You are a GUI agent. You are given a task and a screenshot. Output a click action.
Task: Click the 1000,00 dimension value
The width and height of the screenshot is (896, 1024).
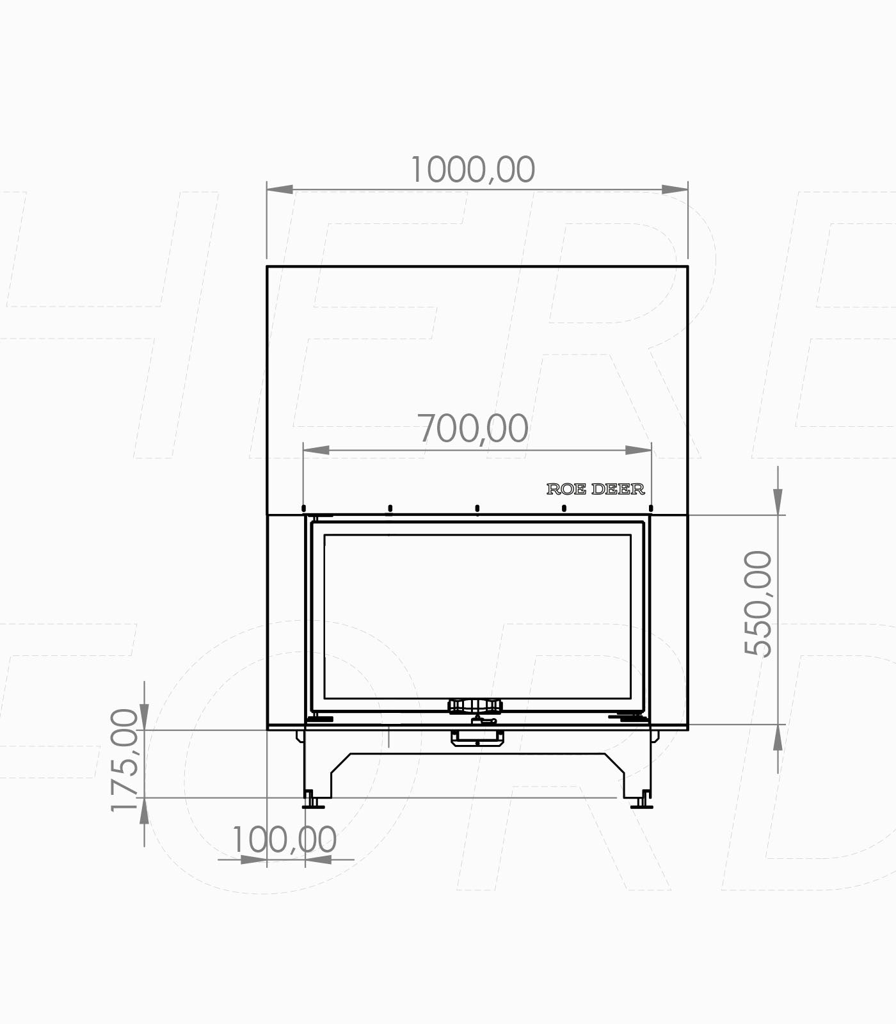pos(472,170)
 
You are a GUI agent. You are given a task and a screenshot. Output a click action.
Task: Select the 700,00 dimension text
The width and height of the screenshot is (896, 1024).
pos(474,428)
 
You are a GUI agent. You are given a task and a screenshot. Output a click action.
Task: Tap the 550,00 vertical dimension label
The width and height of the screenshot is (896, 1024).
pos(759,604)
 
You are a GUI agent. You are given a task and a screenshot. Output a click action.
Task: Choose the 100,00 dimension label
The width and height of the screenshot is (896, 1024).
pos(284,839)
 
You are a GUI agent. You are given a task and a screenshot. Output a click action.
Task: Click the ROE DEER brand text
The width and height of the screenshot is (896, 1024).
pos(595,489)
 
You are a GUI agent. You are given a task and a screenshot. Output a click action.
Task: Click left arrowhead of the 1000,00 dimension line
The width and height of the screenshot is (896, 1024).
pos(280,189)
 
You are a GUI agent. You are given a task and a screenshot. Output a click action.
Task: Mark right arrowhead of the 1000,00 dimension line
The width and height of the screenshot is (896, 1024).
pos(675,189)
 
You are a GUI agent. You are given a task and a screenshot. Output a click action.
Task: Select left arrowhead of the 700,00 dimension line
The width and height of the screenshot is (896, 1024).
pos(316,450)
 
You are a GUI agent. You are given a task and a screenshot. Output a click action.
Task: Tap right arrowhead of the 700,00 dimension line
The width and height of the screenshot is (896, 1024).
pos(638,450)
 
